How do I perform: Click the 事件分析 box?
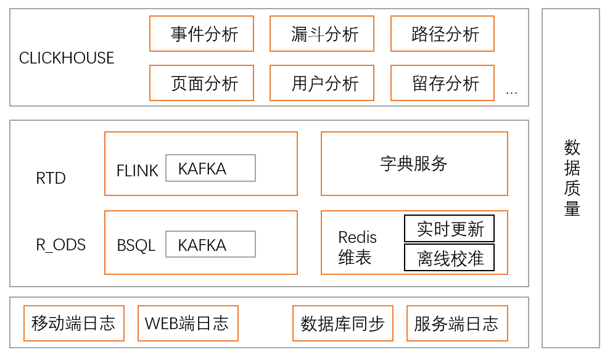coord(202,34)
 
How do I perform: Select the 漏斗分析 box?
coord(322,34)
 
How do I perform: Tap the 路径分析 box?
coord(442,34)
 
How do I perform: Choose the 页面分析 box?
coord(202,83)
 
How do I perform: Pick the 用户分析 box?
coord(322,83)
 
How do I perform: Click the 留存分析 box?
coord(442,83)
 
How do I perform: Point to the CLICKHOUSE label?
coord(67,58)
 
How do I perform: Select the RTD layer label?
coord(51,179)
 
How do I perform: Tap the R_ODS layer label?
coord(60,245)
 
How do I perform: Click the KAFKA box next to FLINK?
coord(210,168)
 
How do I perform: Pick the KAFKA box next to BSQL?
coord(210,245)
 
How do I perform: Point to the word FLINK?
coord(137,171)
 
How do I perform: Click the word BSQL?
coord(136,245)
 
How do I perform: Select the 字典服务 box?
coord(414,163)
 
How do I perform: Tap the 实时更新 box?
coord(449,229)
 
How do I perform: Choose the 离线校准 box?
coord(449,258)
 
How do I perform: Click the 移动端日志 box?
coord(73,323)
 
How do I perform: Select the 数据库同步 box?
coord(342,323)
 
